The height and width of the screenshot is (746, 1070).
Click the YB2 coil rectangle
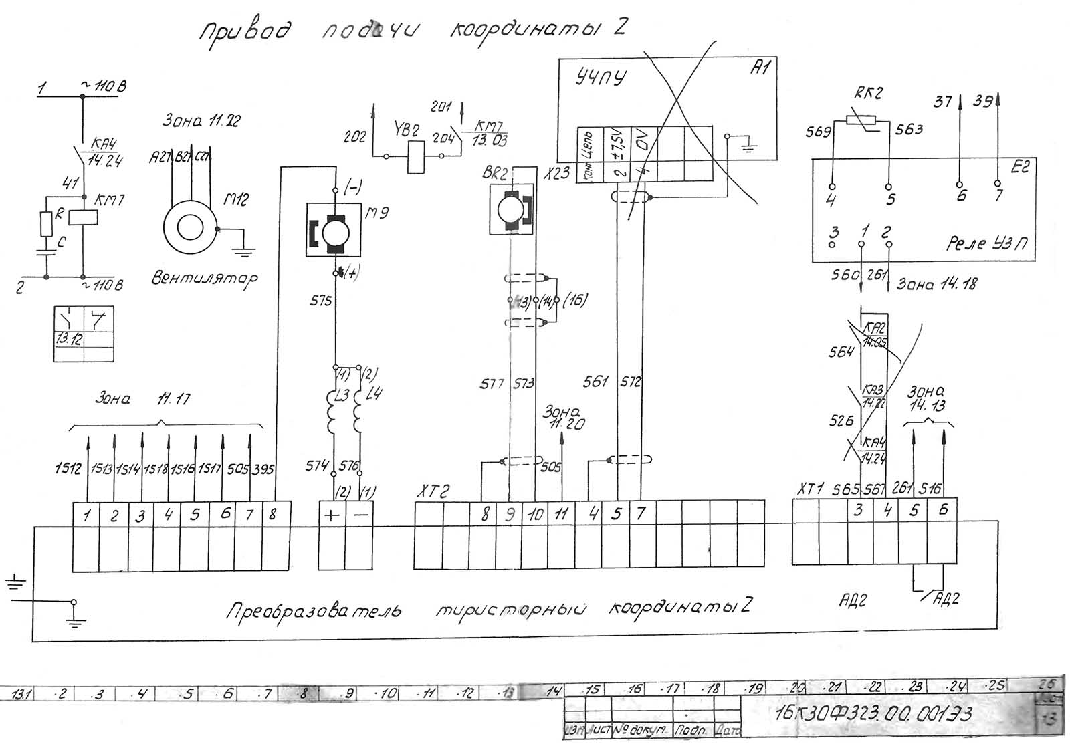click(415, 157)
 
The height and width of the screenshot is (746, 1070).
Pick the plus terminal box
click(332, 516)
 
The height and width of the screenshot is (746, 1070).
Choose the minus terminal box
click(359, 516)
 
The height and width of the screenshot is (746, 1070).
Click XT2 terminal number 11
click(562, 514)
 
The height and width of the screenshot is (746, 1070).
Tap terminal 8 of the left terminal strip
click(273, 515)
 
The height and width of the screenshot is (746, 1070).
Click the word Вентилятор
click(204, 277)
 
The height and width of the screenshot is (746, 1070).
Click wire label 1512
click(68, 469)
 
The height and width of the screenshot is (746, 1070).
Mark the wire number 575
click(321, 301)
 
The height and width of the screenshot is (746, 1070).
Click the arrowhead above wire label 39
click(997, 98)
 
